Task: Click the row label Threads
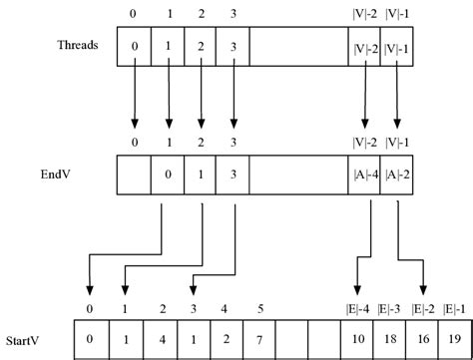(x=76, y=46)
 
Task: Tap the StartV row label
(x=25, y=340)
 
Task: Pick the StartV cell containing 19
(x=454, y=340)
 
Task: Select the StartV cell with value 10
(x=356, y=340)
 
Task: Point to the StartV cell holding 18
(x=388, y=340)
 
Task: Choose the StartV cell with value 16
(x=421, y=340)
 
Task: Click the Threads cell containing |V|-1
(x=397, y=47)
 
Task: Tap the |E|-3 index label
(x=388, y=308)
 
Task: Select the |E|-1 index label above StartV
(x=454, y=308)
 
